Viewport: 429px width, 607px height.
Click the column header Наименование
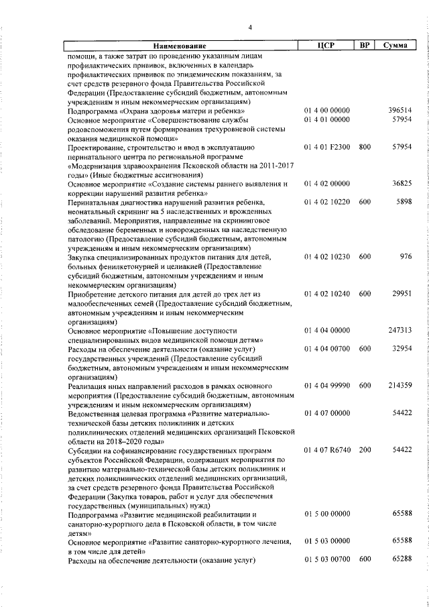pyautogui.click(x=182, y=46)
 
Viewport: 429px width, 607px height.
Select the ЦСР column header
pyautogui.click(x=326, y=46)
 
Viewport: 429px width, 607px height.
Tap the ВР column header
pyautogui.click(x=364, y=46)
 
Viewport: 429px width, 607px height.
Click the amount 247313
pyautogui.click(x=400, y=330)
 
